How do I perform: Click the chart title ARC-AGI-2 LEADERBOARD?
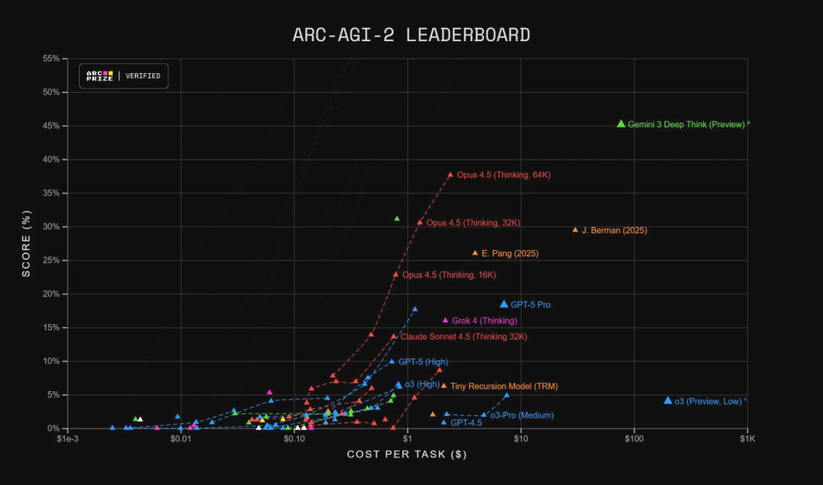coord(411,35)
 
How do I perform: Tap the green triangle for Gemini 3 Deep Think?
coord(621,123)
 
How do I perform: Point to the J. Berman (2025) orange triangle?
coord(575,230)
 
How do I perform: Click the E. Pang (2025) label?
coord(510,253)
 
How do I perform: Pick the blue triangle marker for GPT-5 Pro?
coord(504,304)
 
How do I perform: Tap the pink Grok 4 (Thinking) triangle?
coord(445,320)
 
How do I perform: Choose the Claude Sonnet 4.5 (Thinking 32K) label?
coord(463,336)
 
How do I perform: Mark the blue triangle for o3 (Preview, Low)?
coord(667,400)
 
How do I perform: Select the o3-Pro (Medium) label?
coord(522,415)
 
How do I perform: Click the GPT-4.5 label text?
coord(466,423)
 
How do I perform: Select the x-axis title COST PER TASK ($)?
coord(407,455)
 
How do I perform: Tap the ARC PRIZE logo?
coord(100,76)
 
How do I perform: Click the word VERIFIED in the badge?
coord(143,76)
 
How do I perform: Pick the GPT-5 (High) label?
coord(423,362)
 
